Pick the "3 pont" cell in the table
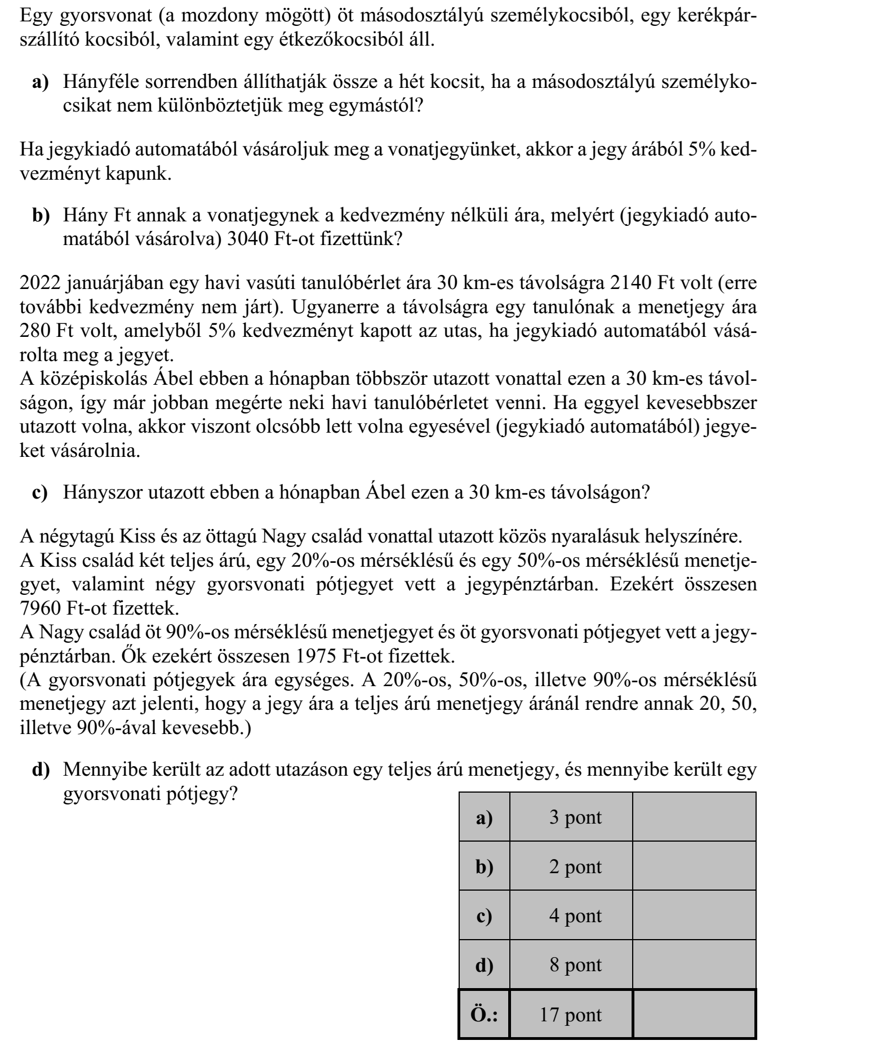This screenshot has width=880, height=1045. pyautogui.click(x=571, y=817)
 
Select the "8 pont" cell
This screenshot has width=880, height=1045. pyautogui.click(x=571, y=965)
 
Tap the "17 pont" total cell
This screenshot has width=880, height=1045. pyautogui.click(x=571, y=1015)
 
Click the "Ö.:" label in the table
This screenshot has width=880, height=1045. pyautogui.click(x=484, y=1015)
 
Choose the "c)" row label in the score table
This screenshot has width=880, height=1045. pyautogui.click(x=484, y=915)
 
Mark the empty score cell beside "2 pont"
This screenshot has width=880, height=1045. pyautogui.click(x=694, y=866)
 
